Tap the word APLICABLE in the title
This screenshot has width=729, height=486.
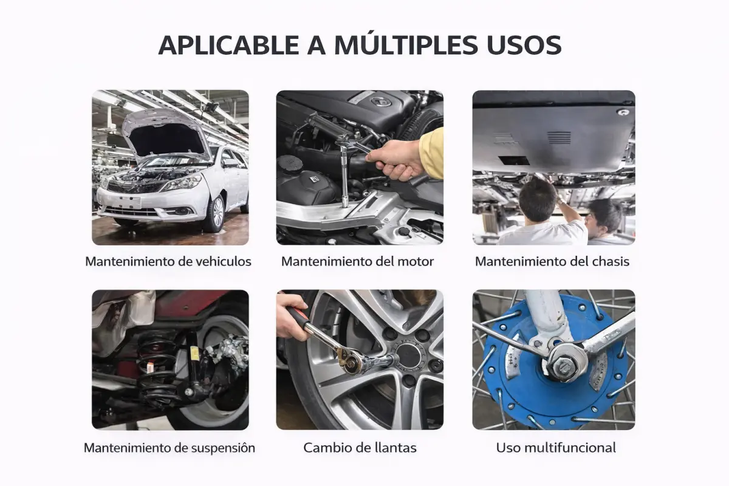click(x=228, y=44)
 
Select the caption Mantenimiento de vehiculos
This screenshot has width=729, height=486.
click(x=168, y=261)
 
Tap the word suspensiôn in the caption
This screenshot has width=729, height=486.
click(x=223, y=448)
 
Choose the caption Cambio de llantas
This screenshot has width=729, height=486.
click(x=360, y=448)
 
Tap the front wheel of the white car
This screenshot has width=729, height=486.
click(x=215, y=213)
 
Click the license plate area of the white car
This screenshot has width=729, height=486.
click(x=129, y=202)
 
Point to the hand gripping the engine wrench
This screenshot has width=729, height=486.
click(x=394, y=160)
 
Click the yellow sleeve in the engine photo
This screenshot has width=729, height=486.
click(x=432, y=153)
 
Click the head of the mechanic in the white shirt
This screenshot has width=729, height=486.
click(x=536, y=199)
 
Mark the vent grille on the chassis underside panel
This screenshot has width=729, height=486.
click(x=559, y=138)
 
